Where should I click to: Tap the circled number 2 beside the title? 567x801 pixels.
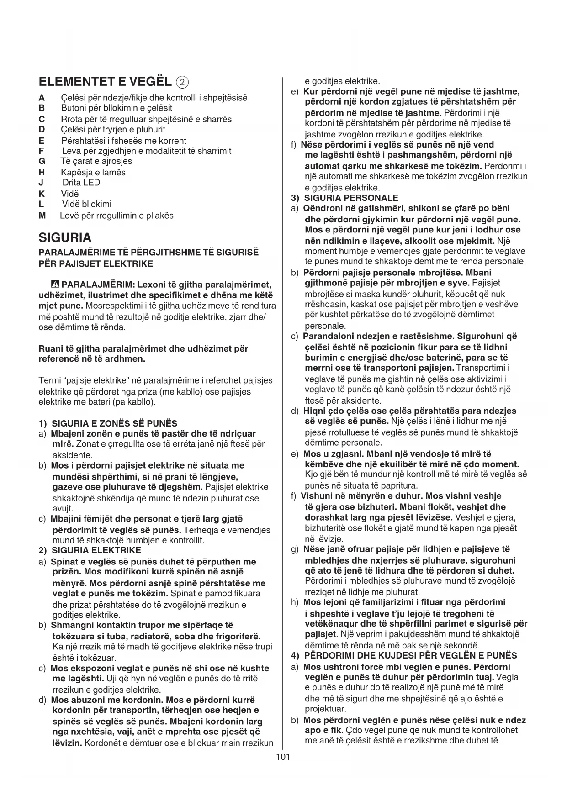[182, 82]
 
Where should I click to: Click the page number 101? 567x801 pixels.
[283, 757]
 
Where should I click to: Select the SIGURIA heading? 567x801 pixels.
[65, 237]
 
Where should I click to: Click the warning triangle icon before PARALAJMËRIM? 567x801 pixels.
[57, 285]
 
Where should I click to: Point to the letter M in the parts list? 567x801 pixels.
[42, 216]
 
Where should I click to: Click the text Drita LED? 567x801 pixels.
[81, 183]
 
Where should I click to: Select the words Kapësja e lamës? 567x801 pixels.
[93, 172]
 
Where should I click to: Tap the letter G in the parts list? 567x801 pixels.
[42, 161]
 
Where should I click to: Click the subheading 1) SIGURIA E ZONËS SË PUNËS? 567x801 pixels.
[108, 423]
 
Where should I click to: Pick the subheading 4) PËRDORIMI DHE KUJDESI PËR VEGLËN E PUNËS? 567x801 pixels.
[404, 655]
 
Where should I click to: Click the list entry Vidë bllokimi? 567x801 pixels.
[86, 204]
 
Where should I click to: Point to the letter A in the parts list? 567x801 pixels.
[42, 98]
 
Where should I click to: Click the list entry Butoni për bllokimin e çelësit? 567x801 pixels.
[117, 108]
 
